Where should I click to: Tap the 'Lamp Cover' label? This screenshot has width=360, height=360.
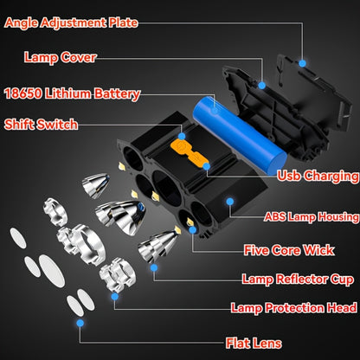[x=61, y=58]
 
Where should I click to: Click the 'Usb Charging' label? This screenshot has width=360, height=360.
[x=317, y=176]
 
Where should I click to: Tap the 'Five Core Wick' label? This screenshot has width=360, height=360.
[x=288, y=251]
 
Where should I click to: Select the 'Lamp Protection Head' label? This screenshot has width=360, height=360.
[x=293, y=307]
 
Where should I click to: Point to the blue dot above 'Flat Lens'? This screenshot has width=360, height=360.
[x=80, y=323]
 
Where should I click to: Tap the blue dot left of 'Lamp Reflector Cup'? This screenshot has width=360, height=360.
[x=154, y=267]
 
